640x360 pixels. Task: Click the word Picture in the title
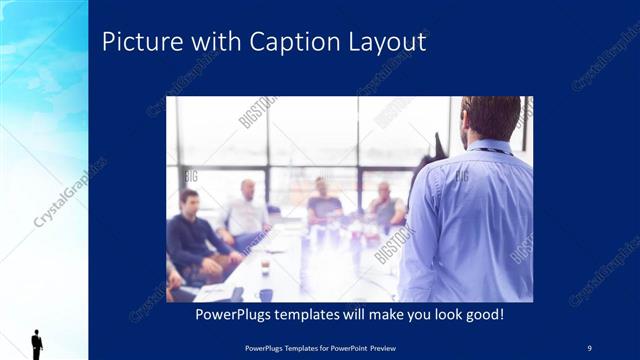click(137, 42)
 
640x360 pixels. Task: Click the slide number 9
click(589, 347)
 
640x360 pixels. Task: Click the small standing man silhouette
click(37, 343)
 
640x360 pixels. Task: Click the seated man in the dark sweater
click(189, 236)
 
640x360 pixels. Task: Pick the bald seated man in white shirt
click(246, 211)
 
